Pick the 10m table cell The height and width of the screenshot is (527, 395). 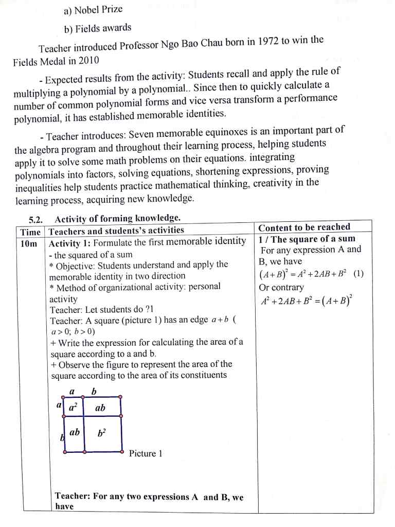[29, 243]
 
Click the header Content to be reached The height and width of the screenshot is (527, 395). [304, 227]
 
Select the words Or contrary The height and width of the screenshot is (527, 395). [282, 287]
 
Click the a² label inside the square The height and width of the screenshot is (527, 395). [74, 407]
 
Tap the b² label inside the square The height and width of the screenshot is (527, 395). [101, 433]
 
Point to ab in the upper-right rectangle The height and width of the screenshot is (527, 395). [100, 408]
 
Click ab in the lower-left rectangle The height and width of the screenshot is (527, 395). [75, 432]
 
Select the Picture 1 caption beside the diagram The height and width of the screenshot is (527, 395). [146, 453]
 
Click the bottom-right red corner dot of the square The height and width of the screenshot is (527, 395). [122, 451]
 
